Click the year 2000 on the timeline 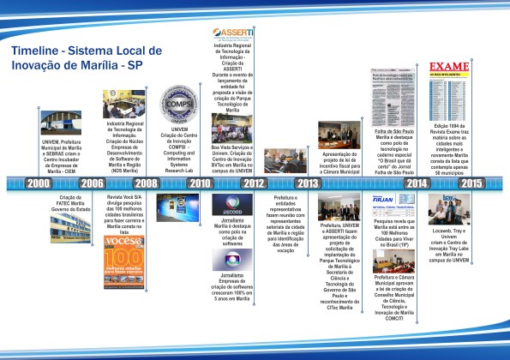(x=39, y=183)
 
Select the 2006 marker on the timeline (x=91, y=183)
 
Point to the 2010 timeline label (x=200, y=183)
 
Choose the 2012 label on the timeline (x=254, y=183)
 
